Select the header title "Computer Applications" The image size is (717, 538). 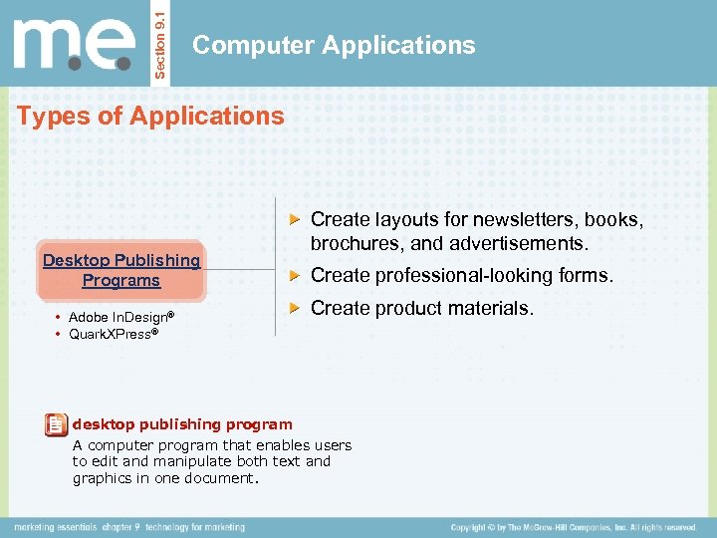point(334,45)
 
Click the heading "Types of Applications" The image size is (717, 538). point(150,116)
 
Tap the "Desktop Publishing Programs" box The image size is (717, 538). point(120,270)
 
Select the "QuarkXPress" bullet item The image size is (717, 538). point(112,334)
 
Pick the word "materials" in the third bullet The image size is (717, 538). point(488,308)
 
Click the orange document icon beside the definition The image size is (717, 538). point(56,424)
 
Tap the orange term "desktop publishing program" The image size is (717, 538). point(182,424)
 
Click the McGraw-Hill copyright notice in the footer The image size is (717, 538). point(573,526)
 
